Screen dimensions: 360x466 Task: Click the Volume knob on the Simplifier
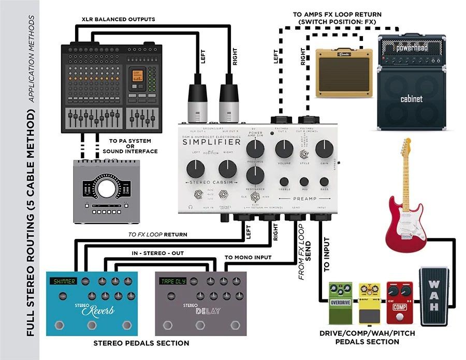click(284, 149)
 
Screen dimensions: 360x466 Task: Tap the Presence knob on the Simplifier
click(253, 149)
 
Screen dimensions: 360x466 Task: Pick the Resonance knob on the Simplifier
click(253, 176)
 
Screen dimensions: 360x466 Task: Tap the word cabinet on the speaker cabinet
click(412, 99)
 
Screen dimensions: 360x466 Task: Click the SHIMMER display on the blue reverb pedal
click(63, 281)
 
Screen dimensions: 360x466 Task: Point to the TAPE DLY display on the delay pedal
click(173, 281)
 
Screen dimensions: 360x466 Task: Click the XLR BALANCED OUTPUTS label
click(119, 19)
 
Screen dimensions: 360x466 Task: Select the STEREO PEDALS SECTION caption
click(141, 343)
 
